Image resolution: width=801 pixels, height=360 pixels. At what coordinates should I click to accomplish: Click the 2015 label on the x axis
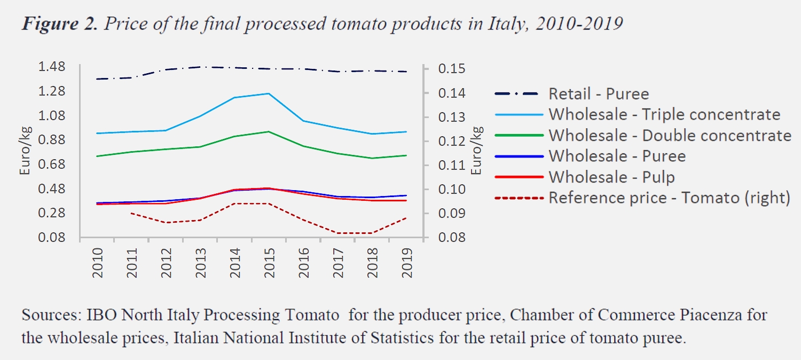click(269, 263)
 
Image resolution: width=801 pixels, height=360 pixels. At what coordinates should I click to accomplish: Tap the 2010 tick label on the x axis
click(98, 263)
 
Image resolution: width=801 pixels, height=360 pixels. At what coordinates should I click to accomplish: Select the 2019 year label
click(407, 263)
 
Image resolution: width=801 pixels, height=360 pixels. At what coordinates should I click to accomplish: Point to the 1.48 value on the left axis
click(52, 66)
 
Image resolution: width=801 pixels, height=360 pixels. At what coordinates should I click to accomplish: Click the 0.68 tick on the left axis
click(52, 164)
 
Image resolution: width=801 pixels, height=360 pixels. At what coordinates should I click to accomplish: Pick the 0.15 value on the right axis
click(452, 68)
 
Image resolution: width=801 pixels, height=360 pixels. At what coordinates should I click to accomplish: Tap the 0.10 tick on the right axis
click(452, 189)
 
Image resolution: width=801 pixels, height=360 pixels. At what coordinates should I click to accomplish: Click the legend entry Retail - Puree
click(599, 94)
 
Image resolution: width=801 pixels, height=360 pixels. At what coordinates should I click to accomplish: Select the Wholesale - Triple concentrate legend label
click(664, 115)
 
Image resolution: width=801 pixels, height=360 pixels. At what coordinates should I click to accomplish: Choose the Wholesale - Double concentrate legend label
click(670, 136)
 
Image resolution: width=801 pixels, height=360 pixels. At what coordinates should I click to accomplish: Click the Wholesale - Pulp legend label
click(611, 177)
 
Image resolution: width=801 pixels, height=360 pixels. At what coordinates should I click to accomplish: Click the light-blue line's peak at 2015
click(269, 93)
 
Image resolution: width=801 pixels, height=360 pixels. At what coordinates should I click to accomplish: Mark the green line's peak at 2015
click(269, 131)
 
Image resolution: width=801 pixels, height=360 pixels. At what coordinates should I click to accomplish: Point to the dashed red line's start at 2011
click(131, 213)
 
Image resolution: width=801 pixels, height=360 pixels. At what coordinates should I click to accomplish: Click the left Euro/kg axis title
click(25, 151)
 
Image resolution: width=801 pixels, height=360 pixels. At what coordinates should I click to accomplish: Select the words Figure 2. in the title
click(59, 24)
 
